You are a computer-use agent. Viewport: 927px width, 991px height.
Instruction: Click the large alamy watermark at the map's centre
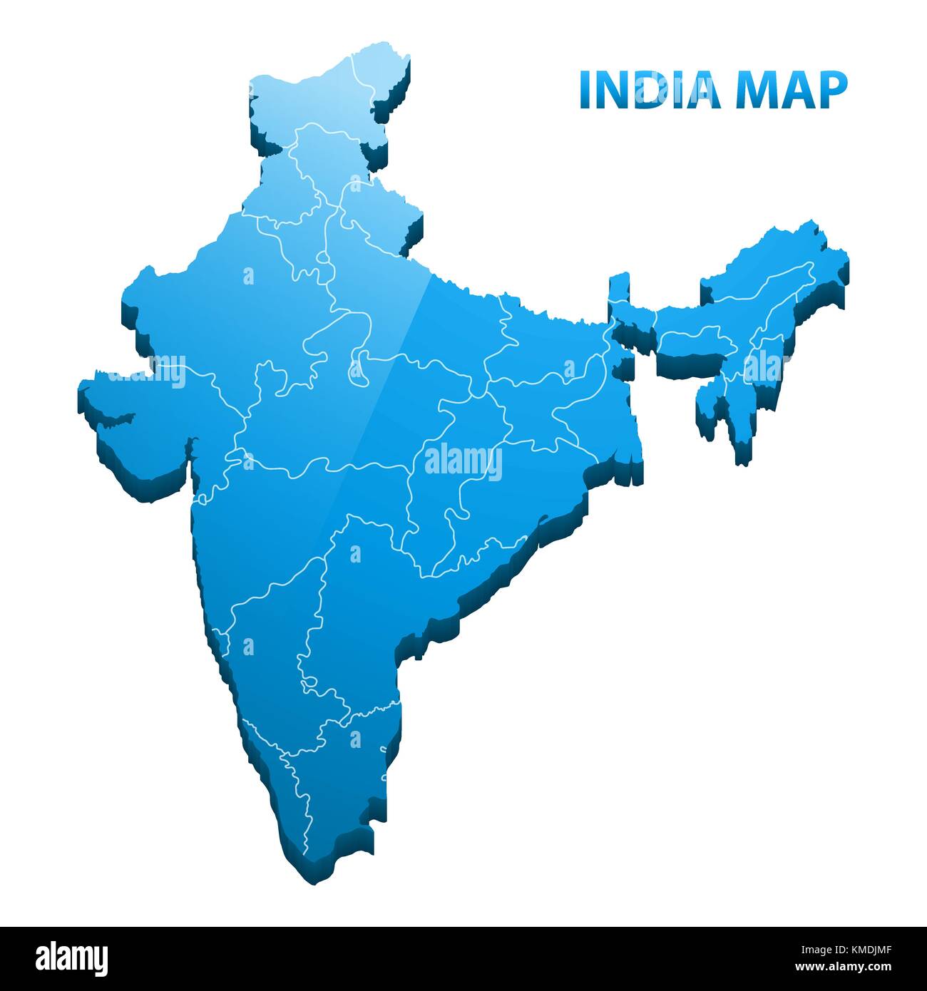point(463,462)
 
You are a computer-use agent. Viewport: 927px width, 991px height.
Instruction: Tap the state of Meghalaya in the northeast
point(695,340)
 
